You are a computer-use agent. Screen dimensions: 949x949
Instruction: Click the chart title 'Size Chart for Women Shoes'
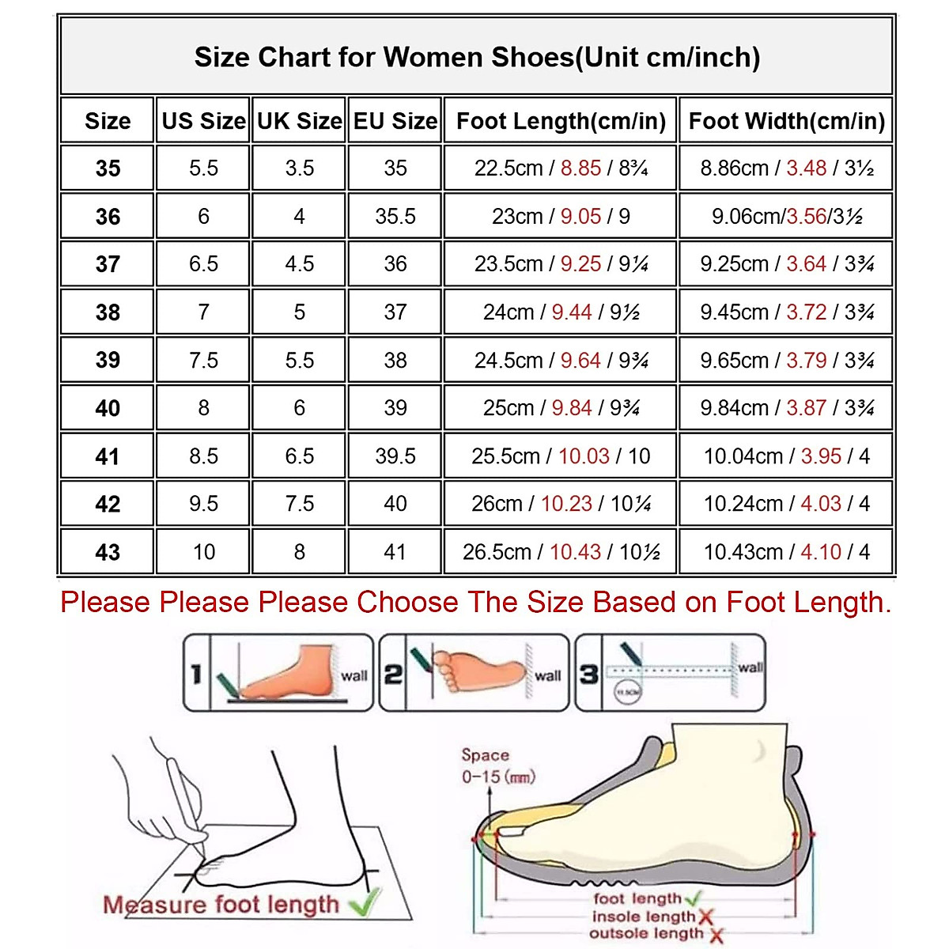pos(477,58)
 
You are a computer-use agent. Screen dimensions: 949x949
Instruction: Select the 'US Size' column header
pos(203,121)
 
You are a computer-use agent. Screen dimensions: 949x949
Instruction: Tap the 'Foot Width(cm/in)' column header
pos(786,121)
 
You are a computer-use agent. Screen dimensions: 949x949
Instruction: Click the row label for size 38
pos(108,312)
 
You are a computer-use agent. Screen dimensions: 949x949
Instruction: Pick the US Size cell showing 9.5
pos(203,504)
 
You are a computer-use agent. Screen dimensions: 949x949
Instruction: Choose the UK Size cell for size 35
pos(299,168)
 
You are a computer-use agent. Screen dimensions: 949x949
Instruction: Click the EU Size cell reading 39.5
pos(395,456)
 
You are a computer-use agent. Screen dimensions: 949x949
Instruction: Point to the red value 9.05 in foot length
pos(580,217)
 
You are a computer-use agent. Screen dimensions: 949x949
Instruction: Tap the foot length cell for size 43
pos(561,552)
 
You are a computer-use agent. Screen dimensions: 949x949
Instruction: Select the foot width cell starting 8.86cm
pos(786,168)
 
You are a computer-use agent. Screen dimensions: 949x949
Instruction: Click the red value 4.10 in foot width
pos(821,552)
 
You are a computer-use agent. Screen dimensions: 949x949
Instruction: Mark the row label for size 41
pos(108,456)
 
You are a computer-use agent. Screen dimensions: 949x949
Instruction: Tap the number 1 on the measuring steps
pos(196,674)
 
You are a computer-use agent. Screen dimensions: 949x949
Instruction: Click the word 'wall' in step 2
pos(547,676)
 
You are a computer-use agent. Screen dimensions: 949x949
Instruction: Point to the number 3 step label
pos(588,675)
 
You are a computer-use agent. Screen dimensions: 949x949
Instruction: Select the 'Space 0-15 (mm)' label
pos(497,766)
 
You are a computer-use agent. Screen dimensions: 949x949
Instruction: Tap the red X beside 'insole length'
pos(706,917)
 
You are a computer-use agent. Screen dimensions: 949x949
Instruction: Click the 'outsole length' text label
pos(646,934)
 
